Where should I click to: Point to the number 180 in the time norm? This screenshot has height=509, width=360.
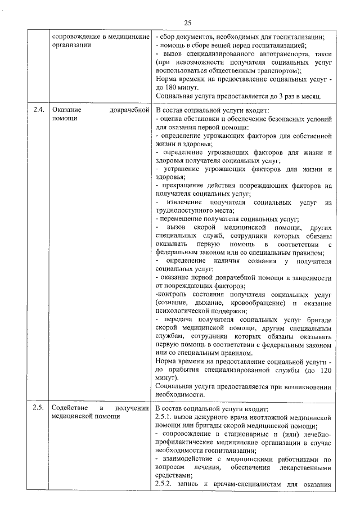(170, 88)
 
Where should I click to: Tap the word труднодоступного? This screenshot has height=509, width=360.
(187, 210)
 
